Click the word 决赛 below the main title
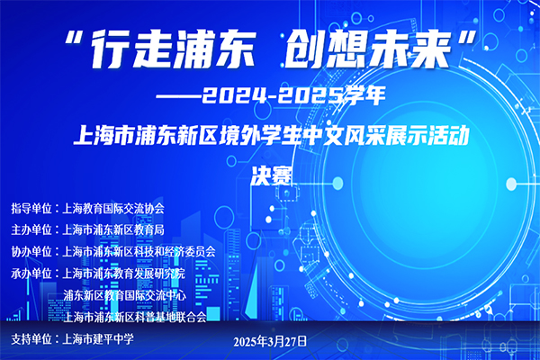click(x=272, y=176)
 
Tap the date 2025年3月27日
click(x=270, y=341)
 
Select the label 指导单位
click(x=31, y=209)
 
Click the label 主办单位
click(x=31, y=229)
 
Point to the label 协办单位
click(x=31, y=252)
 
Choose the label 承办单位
click(x=31, y=274)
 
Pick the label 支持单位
click(x=31, y=339)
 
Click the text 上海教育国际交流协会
click(x=113, y=209)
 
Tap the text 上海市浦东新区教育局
click(x=113, y=229)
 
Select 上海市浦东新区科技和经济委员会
click(x=139, y=252)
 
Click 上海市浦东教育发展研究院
click(x=123, y=274)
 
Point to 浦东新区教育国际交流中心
click(x=125, y=295)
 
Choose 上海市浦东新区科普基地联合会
click(x=135, y=317)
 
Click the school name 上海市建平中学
click(x=98, y=339)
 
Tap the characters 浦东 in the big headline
click(x=214, y=49)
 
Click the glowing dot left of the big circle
click(x=337, y=184)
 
